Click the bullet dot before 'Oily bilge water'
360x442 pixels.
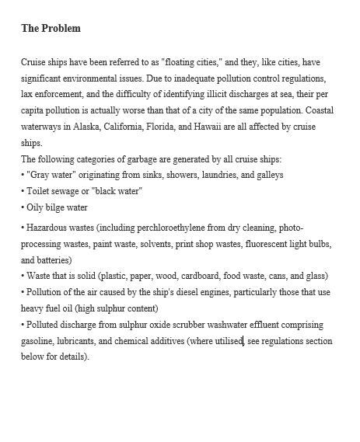tap(23, 207)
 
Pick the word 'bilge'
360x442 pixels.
tap(59, 207)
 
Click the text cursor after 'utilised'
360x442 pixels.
tap(244, 341)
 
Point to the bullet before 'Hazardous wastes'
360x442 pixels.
tap(23, 227)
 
